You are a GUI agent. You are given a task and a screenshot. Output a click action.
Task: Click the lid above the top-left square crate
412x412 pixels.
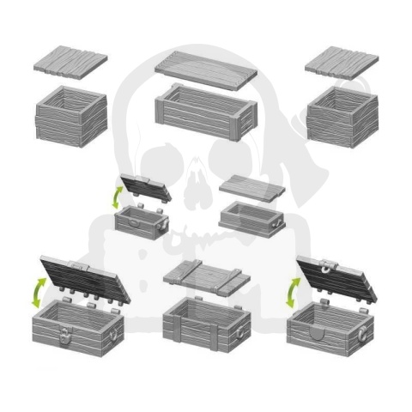[70, 63]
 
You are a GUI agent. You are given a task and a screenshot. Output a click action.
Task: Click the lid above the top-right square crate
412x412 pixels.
[342, 61]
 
